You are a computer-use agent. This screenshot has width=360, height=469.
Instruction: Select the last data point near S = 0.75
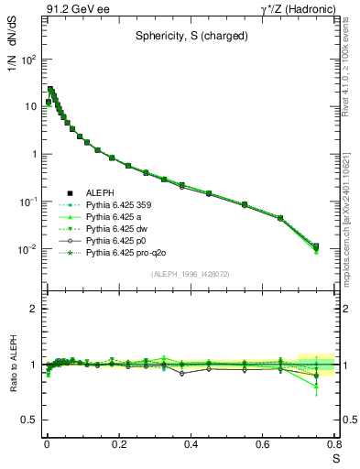316,246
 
